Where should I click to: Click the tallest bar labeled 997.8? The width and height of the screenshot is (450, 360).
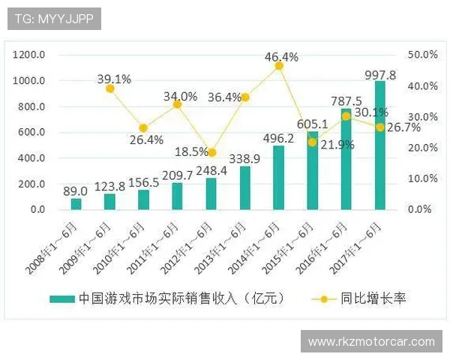point(380,145)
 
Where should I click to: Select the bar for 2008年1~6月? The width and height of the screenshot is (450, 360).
point(76,203)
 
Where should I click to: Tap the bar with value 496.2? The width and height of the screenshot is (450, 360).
point(278,178)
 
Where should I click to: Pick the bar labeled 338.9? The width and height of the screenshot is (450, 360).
point(244,187)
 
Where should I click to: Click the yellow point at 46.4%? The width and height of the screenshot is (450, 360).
point(279,66)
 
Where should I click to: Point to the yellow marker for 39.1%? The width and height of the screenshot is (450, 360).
point(110,88)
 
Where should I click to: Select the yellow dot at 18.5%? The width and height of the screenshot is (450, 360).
point(211,152)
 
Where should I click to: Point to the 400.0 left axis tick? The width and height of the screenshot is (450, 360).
point(32,158)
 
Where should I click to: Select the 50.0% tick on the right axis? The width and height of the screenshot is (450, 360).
point(421,55)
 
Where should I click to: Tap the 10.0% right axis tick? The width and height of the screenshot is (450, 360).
point(421,178)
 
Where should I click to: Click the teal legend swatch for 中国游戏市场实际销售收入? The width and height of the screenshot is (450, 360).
point(62,298)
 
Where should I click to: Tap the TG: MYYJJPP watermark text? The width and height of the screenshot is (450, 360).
point(54,18)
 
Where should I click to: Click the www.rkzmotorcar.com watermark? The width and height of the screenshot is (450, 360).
point(372,342)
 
